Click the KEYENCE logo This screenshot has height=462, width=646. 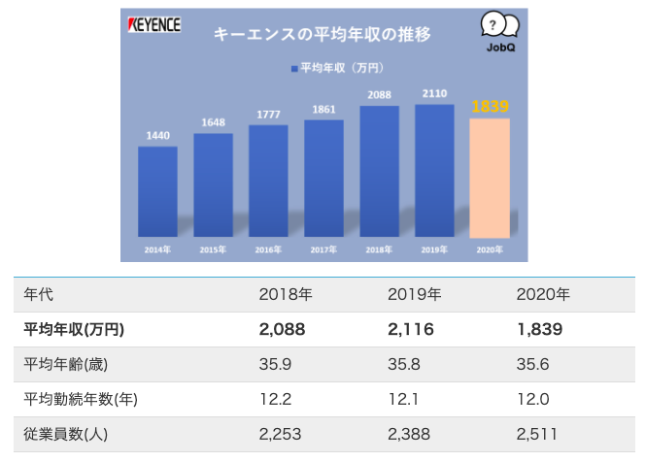click(154, 25)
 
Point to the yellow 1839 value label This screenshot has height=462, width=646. click(489, 106)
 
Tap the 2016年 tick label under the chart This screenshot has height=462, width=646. click(267, 250)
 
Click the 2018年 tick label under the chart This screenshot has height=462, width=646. click(378, 250)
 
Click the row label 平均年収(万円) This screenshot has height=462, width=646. click(74, 329)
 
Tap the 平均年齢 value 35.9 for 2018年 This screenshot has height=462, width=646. click(276, 364)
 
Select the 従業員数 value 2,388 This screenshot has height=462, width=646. click(408, 434)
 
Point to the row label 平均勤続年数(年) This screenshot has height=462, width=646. click(84, 399)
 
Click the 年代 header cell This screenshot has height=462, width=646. click(39, 294)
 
